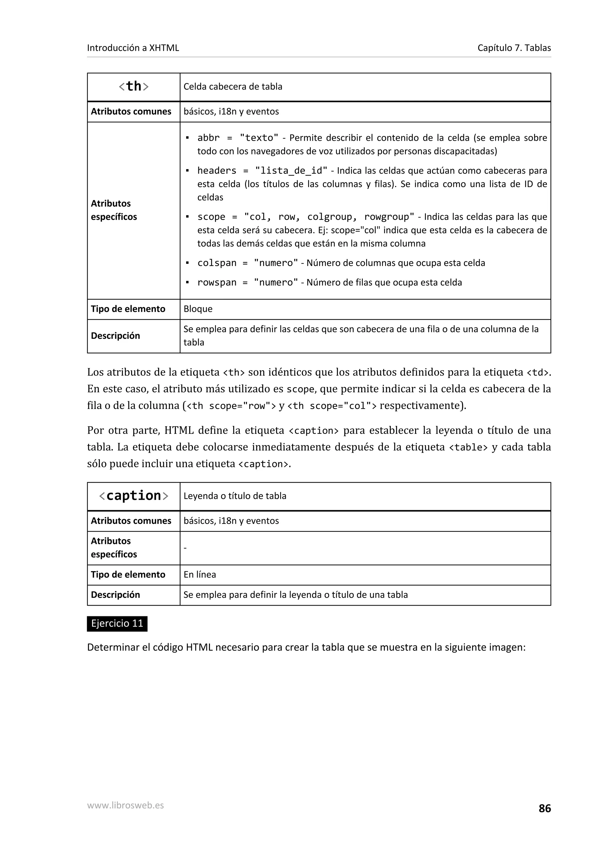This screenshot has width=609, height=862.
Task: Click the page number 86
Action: pos(544,808)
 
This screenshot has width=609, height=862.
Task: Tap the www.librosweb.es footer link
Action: pos(125,805)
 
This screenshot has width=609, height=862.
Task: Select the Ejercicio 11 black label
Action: pos(117,624)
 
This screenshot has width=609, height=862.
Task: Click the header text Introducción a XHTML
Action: pos(133,48)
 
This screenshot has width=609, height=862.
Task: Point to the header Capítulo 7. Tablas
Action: pos(514,48)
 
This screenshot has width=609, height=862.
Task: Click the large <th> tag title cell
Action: pos(134,87)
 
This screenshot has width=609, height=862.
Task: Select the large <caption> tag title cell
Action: pos(134,496)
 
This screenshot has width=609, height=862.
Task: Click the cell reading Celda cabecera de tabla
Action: pos(233,87)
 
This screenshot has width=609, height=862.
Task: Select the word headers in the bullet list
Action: pos(217,171)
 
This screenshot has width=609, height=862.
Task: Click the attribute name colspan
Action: pos(217,263)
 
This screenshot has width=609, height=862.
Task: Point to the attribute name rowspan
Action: pos(217,283)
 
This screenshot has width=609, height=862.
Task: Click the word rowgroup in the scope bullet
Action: pos(387,217)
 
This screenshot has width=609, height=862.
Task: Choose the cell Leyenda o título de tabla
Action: pos(235,496)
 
